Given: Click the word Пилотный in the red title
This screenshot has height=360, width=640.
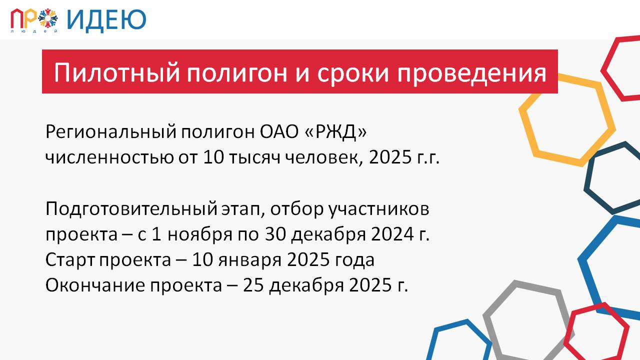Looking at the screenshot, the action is click(117, 72).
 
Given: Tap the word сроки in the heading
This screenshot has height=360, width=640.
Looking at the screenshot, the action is click(353, 73).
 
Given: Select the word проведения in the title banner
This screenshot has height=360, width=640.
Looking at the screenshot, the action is click(472, 73).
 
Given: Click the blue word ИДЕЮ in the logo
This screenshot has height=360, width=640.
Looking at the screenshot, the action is click(106, 20).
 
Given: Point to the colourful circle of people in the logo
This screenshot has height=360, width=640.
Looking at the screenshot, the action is click(48, 18).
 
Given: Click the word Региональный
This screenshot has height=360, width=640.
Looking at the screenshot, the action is click(111, 132).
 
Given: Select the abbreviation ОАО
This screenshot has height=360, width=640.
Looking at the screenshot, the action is click(279, 132).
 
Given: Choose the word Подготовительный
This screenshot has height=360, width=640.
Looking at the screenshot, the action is click(131, 209).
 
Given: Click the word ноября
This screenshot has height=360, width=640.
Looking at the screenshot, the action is click(199, 235).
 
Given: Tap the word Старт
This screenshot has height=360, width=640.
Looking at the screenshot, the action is click(70, 260).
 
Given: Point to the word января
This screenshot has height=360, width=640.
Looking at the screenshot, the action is click(249, 260).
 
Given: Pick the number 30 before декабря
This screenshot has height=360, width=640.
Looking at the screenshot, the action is click(275, 234).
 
